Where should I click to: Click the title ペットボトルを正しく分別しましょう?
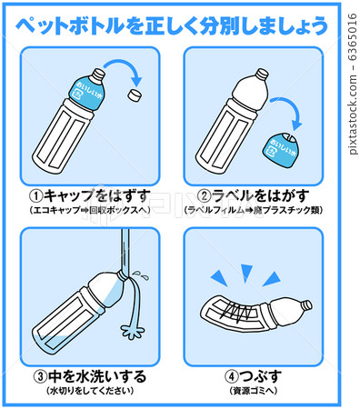point(172,25)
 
